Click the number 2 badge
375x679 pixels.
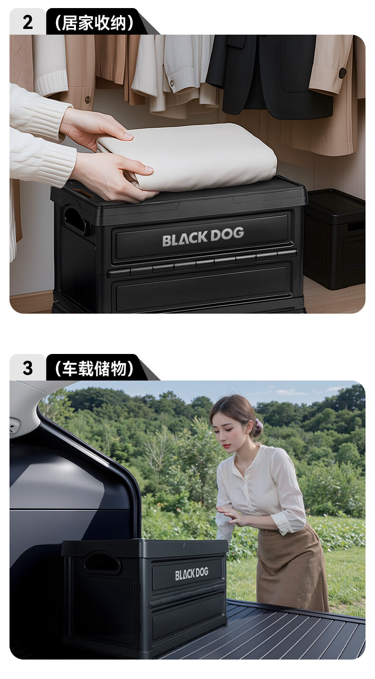(x=28, y=22)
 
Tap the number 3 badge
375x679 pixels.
(x=28, y=368)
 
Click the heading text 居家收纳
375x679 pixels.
(x=94, y=22)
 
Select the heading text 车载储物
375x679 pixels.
(x=94, y=368)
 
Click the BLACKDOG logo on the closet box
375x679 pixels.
(x=203, y=236)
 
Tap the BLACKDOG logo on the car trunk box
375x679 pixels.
(x=191, y=574)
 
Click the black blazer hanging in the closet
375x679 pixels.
(x=266, y=76)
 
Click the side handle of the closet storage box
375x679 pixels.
(x=75, y=219)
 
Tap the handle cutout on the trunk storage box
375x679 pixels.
(x=102, y=562)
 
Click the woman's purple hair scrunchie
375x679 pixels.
(x=258, y=424)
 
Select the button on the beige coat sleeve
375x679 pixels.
(x=342, y=73)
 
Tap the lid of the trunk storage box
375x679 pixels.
(x=145, y=547)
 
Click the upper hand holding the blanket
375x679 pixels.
(x=95, y=126)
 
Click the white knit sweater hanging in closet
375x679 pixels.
(x=50, y=64)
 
